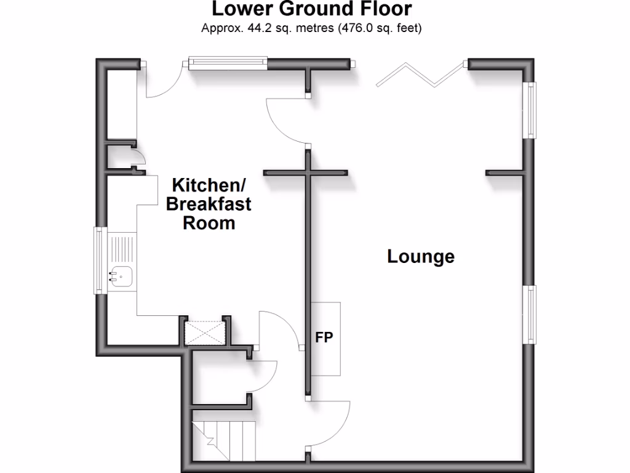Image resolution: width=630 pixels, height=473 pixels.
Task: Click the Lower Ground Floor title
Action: (x=311, y=9)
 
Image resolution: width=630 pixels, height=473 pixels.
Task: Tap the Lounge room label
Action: (x=421, y=256)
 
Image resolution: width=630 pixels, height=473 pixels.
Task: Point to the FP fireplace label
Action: (x=324, y=338)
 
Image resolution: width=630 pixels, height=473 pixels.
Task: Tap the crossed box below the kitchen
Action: (x=205, y=333)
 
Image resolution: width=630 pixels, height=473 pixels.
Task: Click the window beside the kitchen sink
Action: (x=98, y=259)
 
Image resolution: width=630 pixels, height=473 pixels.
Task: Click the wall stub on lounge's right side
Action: (x=506, y=173)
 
